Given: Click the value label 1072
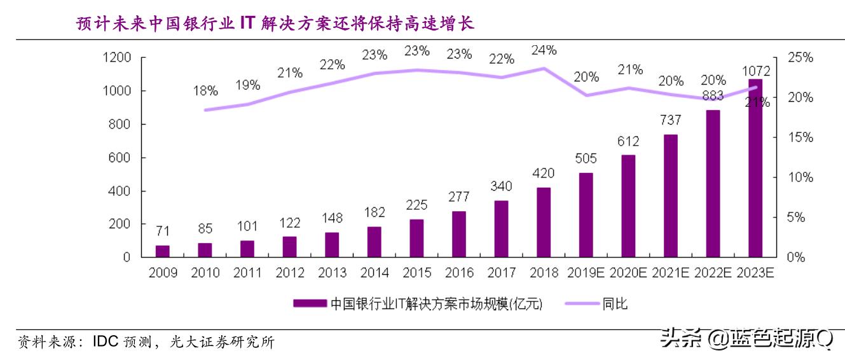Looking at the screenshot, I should pyautogui.click(x=756, y=71).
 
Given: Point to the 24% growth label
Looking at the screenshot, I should pyautogui.click(x=544, y=50).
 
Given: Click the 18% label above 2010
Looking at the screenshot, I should pyautogui.click(x=205, y=91).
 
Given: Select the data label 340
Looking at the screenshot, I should pyautogui.click(x=501, y=186).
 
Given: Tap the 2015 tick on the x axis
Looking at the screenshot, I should pyautogui.click(x=416, y=273).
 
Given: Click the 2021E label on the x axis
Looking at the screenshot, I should pyautogui.click(x=671, y=273).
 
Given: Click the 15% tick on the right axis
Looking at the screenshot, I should pyautogui.click(x=799, y=137).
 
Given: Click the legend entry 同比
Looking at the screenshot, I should pyautogui.click(x=615, y=304).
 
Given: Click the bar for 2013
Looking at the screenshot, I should pyautogui.click(x=332, y=244).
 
